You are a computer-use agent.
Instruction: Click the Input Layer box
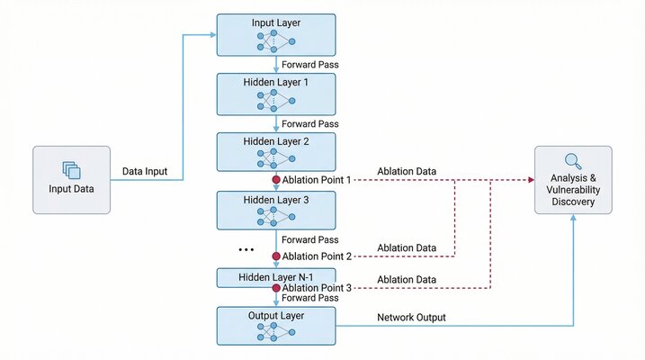[275, 35]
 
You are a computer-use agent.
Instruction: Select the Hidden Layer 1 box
[275, 94]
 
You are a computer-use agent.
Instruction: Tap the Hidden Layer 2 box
[275, 153]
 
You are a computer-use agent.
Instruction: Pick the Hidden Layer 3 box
[275, 210]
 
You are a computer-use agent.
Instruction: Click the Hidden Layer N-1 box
[275, 276]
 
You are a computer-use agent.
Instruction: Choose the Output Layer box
[275, 326]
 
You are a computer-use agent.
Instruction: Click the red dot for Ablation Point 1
[276, 180]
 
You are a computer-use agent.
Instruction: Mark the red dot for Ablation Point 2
[276, 256]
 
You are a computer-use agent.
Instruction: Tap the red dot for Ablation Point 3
[276, 288]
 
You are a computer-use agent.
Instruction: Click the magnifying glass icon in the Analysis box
[573, 162]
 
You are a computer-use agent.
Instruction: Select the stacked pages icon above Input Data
[71, 169]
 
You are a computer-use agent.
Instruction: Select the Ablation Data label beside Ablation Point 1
[407, 170]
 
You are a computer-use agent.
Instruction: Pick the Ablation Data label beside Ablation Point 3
[407, 279]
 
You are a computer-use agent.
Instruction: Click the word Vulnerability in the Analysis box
[573, 192]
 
